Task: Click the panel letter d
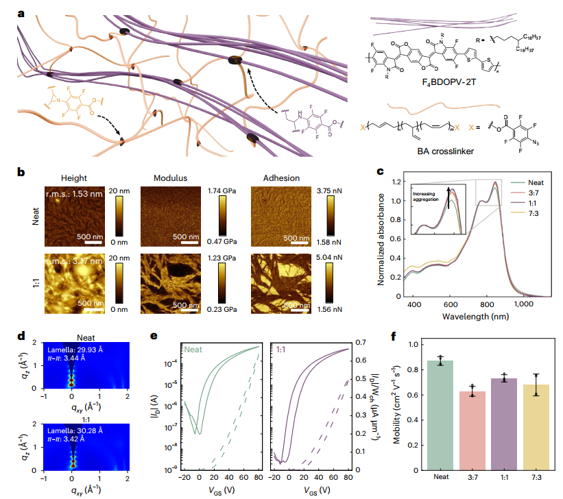click(x=21, y=338)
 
